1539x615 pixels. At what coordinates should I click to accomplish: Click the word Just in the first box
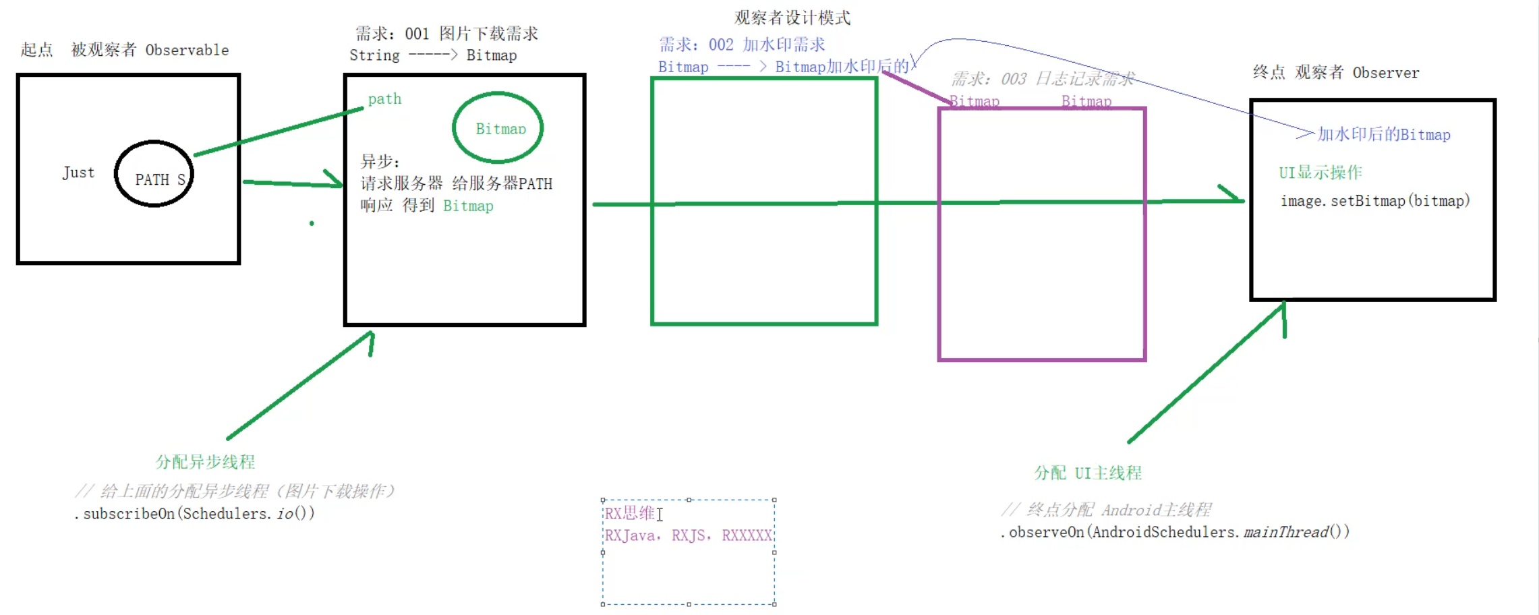[78, 173]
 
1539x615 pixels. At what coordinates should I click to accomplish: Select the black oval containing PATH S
[154, 174]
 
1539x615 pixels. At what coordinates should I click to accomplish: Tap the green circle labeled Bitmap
[498, 127]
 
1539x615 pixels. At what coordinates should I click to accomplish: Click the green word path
[384, 99]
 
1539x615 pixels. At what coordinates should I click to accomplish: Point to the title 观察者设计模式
[792, 18]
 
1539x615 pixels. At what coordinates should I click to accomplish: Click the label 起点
[36, 50]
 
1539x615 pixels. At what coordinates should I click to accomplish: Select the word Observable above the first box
[187, 51]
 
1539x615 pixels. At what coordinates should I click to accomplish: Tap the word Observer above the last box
[1385, 73]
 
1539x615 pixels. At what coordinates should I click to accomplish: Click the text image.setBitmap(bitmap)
[1374, 201]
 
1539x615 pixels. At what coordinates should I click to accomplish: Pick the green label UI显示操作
[1320, 173]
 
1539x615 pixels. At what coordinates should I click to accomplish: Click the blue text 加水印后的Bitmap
[1383, 135]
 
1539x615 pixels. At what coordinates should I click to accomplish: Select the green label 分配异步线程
[205, 462]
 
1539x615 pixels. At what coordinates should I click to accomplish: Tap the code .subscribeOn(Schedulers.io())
[194, 514]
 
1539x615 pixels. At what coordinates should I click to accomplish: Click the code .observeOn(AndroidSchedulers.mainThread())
[1174, 532]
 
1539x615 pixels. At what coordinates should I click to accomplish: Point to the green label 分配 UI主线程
[1087, 473]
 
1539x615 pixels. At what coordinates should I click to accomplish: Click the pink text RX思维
[629, 514]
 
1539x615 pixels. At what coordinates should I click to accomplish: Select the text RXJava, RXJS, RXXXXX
[687, 535]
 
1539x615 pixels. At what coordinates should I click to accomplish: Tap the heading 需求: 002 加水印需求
[741, 45]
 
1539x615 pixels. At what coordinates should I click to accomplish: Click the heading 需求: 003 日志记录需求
[1042, 79]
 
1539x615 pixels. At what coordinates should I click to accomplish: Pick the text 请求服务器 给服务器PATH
[456, 184]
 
